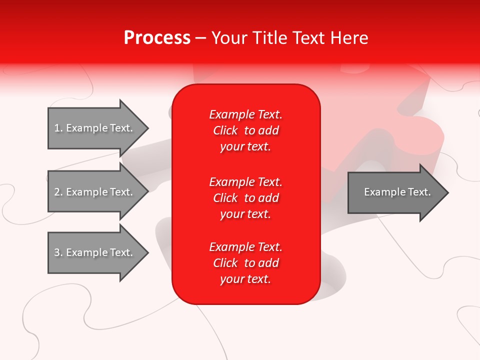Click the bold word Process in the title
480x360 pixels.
point(157,38)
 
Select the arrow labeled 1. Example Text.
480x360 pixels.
point(95,128)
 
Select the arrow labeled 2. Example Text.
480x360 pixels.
point(95,192)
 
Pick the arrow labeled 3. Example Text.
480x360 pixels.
point(95,252)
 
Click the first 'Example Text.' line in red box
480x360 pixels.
point(245,114)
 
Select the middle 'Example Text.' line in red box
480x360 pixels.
point(245,181)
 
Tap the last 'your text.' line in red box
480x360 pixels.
point(245,279)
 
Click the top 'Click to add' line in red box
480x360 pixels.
point(245,130)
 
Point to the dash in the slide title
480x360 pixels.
point(201,38)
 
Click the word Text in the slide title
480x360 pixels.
point(309,38)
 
